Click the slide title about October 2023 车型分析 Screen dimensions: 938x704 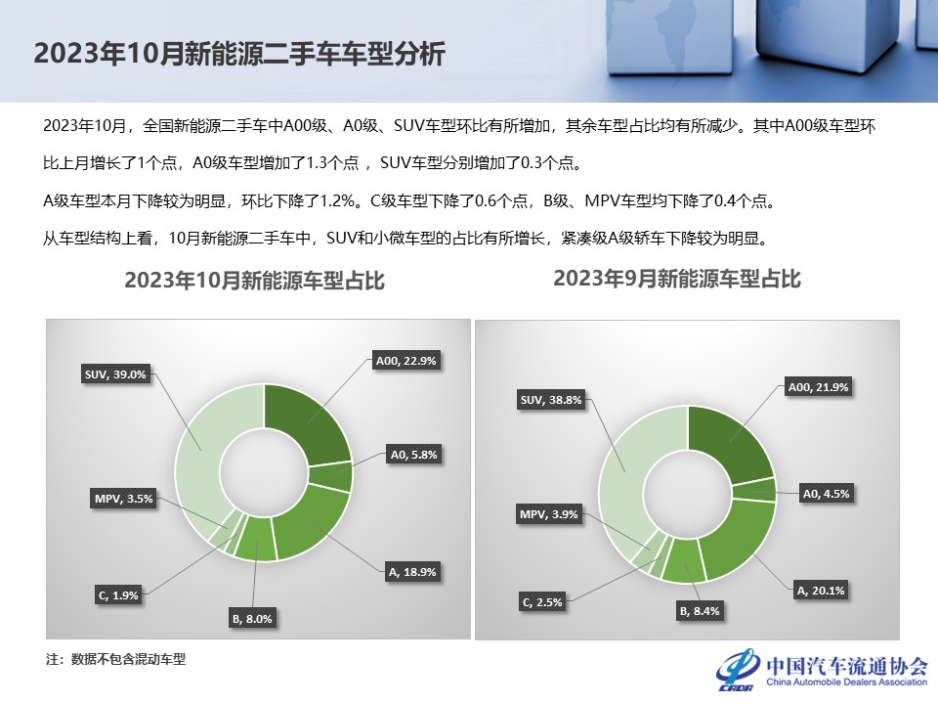(x=239, y=53)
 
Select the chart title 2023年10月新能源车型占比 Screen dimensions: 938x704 (x=254, y=281)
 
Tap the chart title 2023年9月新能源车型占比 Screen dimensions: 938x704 (x=676, y=279)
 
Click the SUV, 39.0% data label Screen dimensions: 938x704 (x=115, y=374)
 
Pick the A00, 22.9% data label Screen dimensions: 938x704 (x=406, y=361)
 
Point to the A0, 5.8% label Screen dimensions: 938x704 (x=414, y=455)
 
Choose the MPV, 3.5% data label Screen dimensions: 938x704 (x=124, y=499)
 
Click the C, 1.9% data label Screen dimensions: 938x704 (x=118, y=595)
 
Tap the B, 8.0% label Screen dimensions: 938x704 (x=252, y=619)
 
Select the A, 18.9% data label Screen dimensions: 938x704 (x=412, y=572)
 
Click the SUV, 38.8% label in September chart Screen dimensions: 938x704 (x=551, y=400)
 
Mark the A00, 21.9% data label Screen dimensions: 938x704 (x=819, y=387)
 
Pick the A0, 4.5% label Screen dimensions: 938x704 (x=827, y=494)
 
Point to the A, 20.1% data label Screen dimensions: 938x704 (x=821, y=591)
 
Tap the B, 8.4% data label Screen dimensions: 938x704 (x=700, y=611)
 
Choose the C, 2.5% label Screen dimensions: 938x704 (x=542, y=602)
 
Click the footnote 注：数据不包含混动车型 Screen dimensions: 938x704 (x=116, y=660)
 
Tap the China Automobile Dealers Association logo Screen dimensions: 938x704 (x=822, y=670)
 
